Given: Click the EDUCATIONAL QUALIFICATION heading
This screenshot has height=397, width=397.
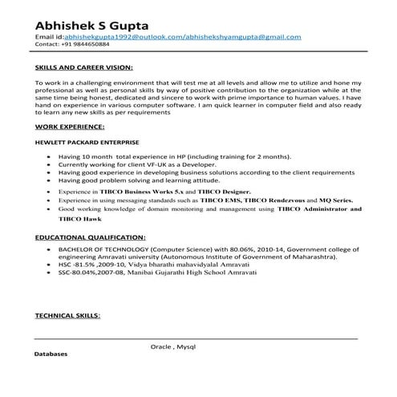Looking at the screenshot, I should [x=91, y=238].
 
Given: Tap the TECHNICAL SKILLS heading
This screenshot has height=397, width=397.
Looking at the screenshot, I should [x=67, y=316].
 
